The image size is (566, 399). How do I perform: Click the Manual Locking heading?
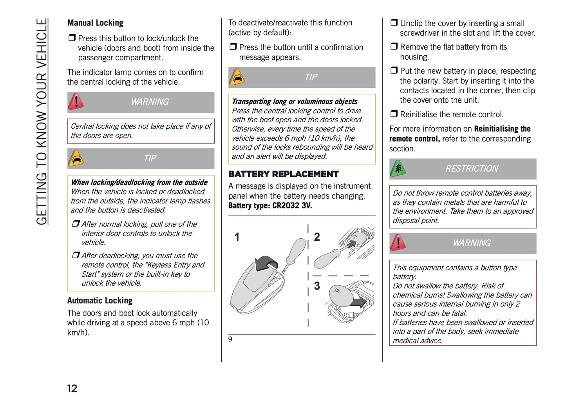(x=95, y=23)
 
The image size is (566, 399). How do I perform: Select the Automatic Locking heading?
(x=100, y=301)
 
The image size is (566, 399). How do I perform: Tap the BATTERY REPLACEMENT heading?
(x=283, y=174)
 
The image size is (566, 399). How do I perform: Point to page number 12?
(x=72, y=388)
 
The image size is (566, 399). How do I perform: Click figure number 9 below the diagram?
(x=230, y=339)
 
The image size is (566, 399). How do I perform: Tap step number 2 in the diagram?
(x=317, y=237)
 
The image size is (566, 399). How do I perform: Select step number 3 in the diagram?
(x=317, y=286)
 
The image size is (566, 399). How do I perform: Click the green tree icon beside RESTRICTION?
(x=398, y=169)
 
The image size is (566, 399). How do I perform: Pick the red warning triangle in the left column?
(x=76, y=102)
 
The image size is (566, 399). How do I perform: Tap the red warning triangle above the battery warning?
(x=398, y=243)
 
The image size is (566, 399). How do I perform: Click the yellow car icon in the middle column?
(x=237, y=77)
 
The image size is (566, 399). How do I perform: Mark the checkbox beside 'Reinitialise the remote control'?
(x=394, y=114)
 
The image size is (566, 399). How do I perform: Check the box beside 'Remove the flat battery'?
(x=394, y=47)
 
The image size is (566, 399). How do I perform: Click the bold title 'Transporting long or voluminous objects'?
(x=295, y=102)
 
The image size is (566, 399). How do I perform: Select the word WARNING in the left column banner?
(x=150, y=102)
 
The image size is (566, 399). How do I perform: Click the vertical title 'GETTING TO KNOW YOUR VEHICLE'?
(x=42, y=122)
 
